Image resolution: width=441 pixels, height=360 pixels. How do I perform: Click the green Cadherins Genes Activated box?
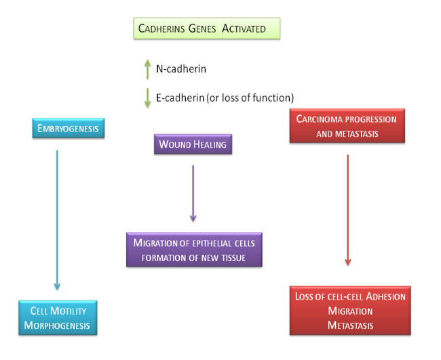click(207, 28)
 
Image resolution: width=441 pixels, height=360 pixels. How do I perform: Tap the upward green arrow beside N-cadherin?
click(147, 69)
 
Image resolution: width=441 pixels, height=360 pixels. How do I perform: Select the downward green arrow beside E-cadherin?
click(147, 98)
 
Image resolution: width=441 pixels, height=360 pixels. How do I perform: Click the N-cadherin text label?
click(181, 69)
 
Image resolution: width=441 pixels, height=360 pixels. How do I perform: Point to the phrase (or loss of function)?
click(250, 98)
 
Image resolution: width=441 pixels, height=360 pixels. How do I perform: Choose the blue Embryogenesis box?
click(69, 128)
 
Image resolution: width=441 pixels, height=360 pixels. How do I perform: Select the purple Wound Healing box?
click(193, 144)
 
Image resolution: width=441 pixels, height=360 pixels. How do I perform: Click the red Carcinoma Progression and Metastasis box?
click(347, 126)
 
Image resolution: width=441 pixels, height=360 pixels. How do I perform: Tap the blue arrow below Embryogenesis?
click(57, 220)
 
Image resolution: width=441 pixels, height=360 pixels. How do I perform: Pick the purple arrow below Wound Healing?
click(193, 194)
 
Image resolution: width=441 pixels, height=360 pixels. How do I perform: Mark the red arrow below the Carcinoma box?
click(348, 210)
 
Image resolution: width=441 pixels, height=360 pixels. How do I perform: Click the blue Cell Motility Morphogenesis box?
click(58, 318)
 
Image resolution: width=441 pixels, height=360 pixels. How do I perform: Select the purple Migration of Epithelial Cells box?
click(194, 250)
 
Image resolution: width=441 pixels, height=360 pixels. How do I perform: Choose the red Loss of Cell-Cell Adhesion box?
click(350, 311)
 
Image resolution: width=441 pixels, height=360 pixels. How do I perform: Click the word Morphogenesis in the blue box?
click(57, 325)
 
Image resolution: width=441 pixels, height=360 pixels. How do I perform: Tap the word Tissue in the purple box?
click(234, 258)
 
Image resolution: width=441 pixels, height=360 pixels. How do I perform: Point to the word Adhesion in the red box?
click(386, 296)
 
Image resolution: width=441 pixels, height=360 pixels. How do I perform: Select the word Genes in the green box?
click(202, 28)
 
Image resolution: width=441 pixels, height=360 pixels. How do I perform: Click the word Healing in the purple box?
click(210, 144)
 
